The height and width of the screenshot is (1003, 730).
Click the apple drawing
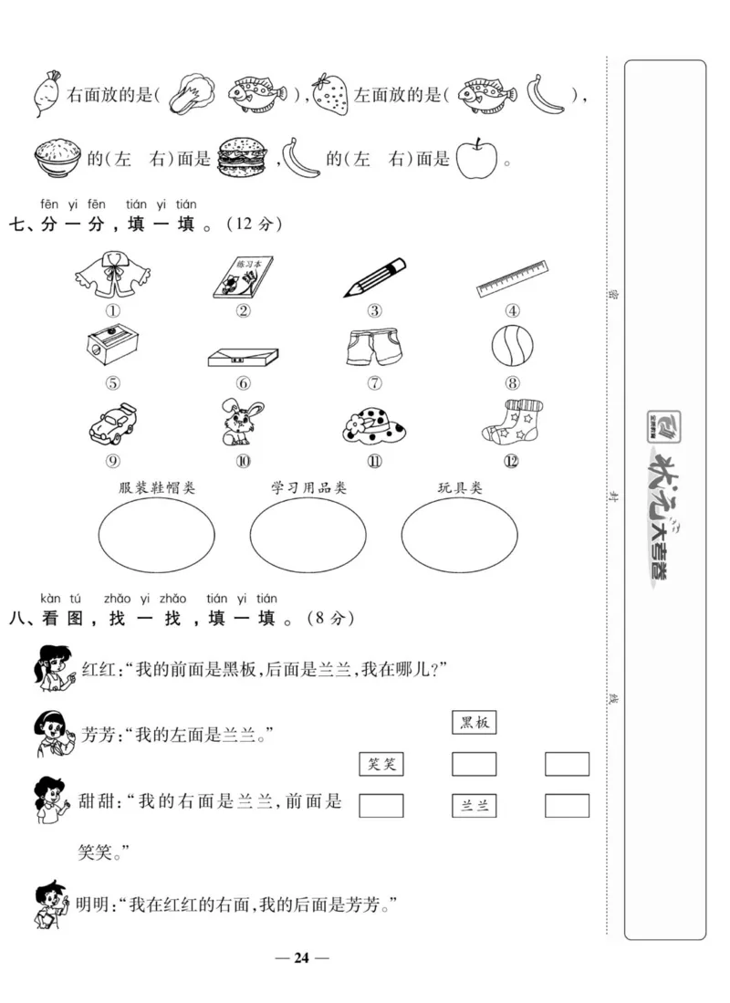pyautogui.click(x=477, y=158)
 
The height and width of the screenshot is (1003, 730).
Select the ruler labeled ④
pyautogui.click(x=512, y=279)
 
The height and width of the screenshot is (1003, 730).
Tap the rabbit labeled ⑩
pyautogui.click(x=243, y=421)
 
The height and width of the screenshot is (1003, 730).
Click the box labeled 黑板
pyautogui.click(x=474, y=723)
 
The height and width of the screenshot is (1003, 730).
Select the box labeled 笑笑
pyautogui.click(x=381, y=764)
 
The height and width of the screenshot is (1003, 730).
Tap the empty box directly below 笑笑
pyautogui.click(x=381, y=805)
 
